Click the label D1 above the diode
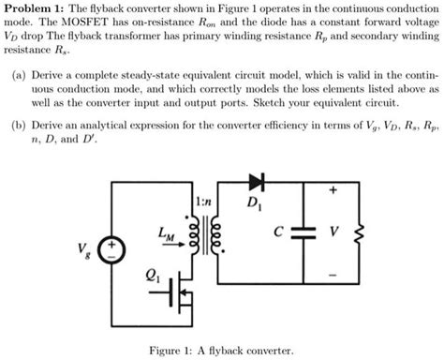(x=255, y=202)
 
